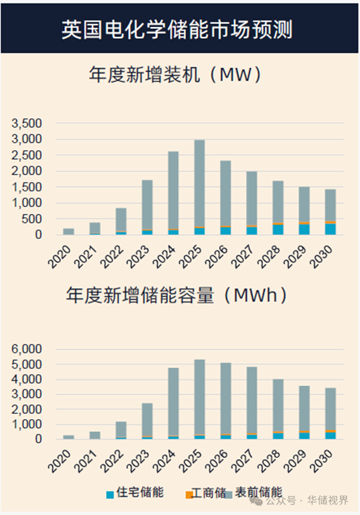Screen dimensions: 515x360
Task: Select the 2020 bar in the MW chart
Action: pyautogui.click(x=69, y=231)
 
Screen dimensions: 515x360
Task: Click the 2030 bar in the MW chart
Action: pyautogui.click(x=330, y=211)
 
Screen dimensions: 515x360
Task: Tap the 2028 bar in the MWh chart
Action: pyautogui.click(x=278, y=409)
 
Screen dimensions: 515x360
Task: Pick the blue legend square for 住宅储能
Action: pyautogui.click(x=110, y=494)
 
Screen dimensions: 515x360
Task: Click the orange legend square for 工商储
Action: pyautogui.click(x=189, y=494)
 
